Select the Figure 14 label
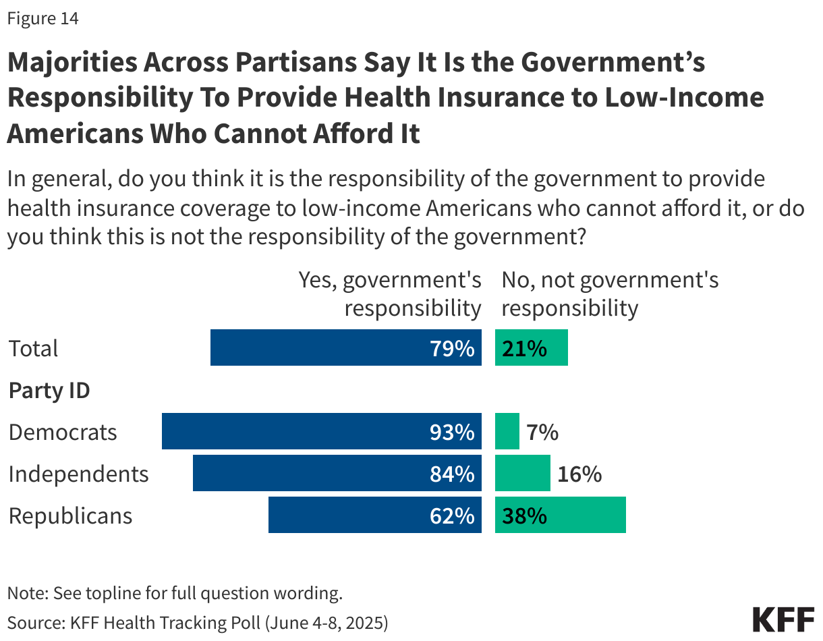[x=42, y=19]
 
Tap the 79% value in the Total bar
[x=452, y=348]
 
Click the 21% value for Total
[x=524, y=348]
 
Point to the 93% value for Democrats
[x=452, y=432]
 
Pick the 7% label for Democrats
[x=542, y=432]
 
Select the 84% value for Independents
[x=452, y=474]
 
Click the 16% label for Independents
[x=579, y=474]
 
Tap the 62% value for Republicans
[x=452, y=515]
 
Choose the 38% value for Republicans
[x=524, y=515]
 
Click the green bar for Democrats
[x=507, y=432]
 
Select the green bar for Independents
[x=523, y=474]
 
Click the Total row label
[x=34, y=348]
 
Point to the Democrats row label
[x=63, y=432]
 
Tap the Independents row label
[x=78, y=474]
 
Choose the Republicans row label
[x=70, y=515]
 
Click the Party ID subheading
[x=49, y=390]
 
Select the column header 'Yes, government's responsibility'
[x=391, y=294]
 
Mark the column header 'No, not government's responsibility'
[x=610, y=294]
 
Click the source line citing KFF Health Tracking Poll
[x=198, y=621]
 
